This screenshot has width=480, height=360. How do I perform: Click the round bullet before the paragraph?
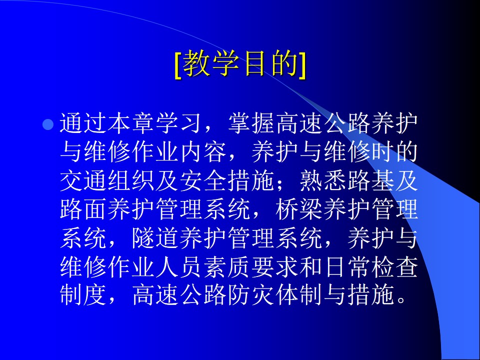tap(48, 124)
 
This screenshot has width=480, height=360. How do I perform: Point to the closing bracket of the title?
tap(301, 65)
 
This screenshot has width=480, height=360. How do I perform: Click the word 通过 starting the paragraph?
tap(83, 124)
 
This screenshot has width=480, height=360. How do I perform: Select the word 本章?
tap(131, 124)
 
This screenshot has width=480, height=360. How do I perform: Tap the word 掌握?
tap(251, 124)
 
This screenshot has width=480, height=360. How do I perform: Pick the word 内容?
tap(203, 153)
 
